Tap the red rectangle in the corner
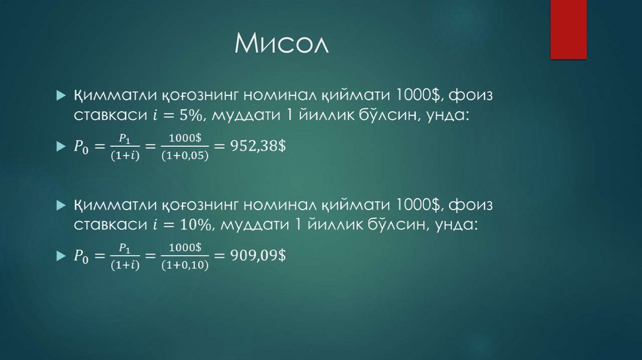click(x=568, y=29)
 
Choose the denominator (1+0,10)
click(x=185, y=265)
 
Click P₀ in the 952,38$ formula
click(x=82, y=147)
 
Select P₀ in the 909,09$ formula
click(x=82, y=256)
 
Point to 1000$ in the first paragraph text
click(x=417, y=96)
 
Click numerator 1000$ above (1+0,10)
click(x=185, y=246)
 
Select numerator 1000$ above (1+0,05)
click(x=185, y=137)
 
